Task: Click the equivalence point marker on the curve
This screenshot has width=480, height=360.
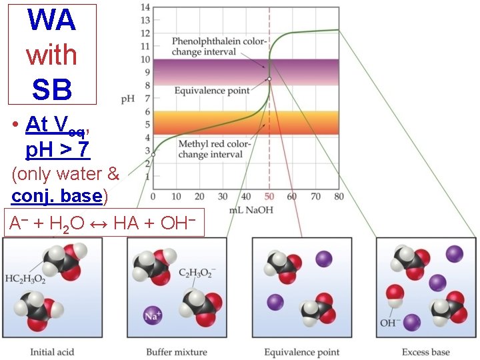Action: coord(269,79)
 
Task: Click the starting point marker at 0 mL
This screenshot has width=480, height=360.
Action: coord(153,155)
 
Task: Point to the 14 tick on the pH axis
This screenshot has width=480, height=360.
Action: coord(145,7)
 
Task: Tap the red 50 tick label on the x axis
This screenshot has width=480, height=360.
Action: coord(269,196)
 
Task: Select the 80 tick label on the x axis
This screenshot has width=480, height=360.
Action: coord(339,196)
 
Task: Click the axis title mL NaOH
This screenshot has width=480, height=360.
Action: coord(251,210)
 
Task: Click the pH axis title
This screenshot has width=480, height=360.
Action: coord(127,99)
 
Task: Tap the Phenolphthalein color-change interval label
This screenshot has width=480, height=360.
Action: coord(219,46)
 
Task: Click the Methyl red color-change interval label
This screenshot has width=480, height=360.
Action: coord(215,149)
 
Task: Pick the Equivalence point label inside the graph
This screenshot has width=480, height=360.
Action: coord(212,91)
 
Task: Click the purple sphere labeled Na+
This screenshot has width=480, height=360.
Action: coord(153,315)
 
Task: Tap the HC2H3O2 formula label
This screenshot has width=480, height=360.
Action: coord(25,279)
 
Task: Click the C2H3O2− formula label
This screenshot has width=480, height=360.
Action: coord(197,273)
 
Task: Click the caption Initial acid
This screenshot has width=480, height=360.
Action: coord(52,352)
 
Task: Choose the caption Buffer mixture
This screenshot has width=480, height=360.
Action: coord(177,352)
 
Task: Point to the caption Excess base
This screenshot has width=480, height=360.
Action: coord(426,352)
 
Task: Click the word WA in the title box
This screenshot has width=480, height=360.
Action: coord(52,20)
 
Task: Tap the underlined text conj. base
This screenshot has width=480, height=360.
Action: coord(57,196)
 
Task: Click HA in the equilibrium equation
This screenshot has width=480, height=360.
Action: coord(126,223)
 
